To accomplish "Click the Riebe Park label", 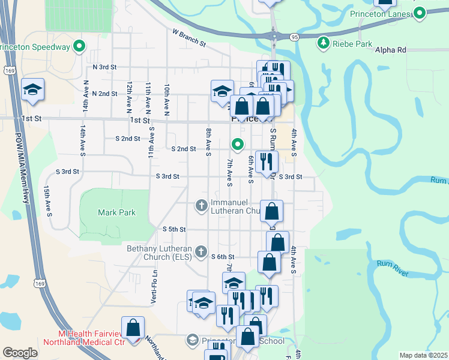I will [x=353, y=44].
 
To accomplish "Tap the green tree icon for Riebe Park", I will [x=324, y=42].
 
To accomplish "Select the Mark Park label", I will [x=116, y=212].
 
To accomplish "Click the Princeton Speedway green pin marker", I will [x=79, y=46].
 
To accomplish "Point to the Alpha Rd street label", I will [x=391, y=50].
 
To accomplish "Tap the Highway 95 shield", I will [x=294, y=37].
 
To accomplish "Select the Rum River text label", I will [x=393, y=268].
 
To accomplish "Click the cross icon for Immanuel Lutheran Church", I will [x=202, y=206].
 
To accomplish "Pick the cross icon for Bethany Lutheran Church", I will [x=202, y=251].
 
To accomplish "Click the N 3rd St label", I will [x=104, y=67].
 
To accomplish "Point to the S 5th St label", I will [x=175, y=229].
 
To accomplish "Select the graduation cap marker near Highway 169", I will [x=32, y=91].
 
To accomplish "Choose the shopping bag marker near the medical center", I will [x=133, y=328].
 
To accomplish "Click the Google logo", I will [x=20, y=353].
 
